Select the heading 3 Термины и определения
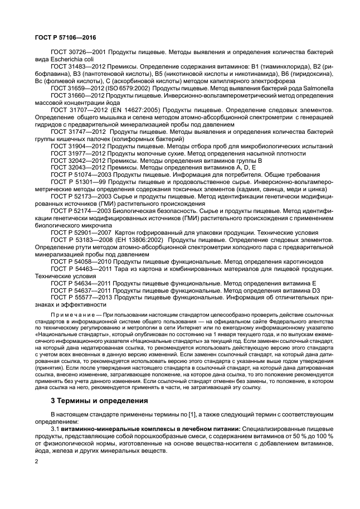pos(91,400)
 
